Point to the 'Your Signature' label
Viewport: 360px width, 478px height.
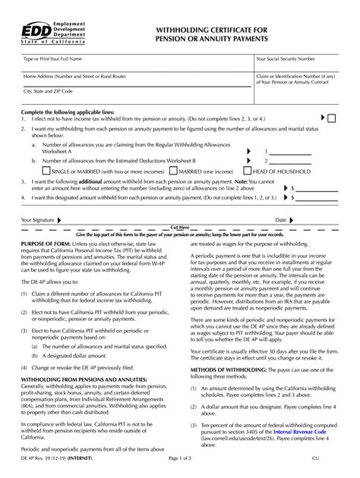(37, 220)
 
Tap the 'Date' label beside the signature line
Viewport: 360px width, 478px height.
(280, 220)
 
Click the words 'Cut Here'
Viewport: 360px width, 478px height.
(180, 228)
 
